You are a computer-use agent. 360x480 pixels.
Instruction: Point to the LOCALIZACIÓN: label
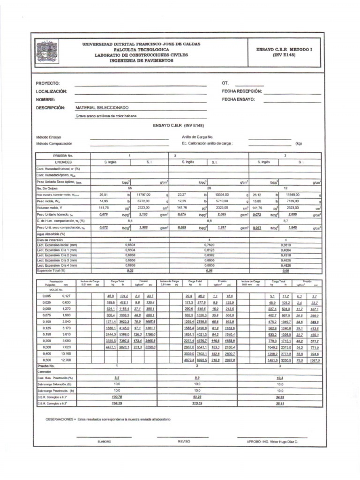click(x=52, y=91)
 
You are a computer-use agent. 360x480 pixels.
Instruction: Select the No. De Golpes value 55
click(x=130, y=187)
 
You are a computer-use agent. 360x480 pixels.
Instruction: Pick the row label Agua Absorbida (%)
click(x=52, y=234)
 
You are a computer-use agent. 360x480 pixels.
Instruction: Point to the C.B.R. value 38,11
click(x=280, y=403)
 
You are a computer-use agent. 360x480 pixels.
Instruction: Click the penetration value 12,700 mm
click(x=66, y=360)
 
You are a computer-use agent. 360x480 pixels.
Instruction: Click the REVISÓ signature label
click(x=184, y=442)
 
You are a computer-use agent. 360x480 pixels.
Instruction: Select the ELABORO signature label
click(x=104, y=442)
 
